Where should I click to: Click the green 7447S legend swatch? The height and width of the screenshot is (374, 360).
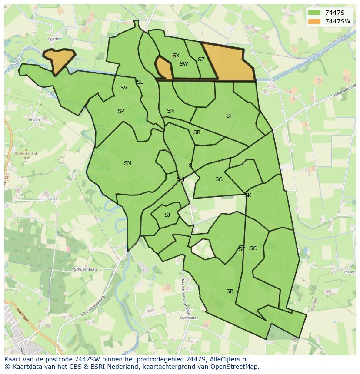point(314,13)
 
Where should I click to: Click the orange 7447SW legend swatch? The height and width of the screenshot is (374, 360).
point(314,21)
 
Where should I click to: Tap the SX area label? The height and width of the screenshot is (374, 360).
point(176,56)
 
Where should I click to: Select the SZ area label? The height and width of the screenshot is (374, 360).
point(201,60)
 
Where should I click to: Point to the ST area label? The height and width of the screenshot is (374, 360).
point(229,116)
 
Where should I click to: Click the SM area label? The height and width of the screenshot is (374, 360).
point(170,111)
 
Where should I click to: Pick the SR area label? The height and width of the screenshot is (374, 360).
point(197,132)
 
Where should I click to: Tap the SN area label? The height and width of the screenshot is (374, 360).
point(127,163)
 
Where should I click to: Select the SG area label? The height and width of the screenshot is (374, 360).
point(219,179)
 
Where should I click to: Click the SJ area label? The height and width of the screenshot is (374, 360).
point(167,215)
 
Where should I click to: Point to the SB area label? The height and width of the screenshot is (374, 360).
point(230,291)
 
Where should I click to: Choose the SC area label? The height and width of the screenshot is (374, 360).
point(253,248)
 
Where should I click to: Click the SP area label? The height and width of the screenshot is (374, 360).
point(121,111)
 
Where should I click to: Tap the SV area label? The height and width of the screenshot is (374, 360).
point(124,88)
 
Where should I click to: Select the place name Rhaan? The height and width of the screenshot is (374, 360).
point(34,120)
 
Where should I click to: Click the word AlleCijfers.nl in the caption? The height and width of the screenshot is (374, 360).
point(228,359)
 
